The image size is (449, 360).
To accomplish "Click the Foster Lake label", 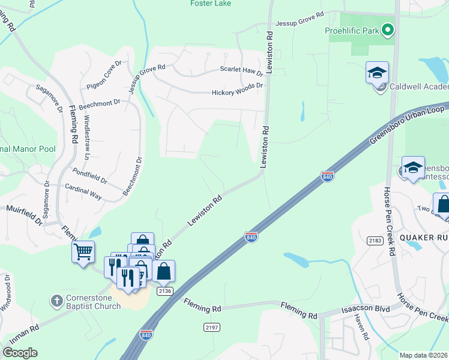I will [210, 4].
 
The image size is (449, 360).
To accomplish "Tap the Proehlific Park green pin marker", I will [388, 29].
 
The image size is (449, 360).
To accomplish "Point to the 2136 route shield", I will [165, 290].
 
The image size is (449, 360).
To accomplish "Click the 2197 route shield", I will [211, 327].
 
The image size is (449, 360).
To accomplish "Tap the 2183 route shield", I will [376, 240].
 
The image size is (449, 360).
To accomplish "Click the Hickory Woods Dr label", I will [237, 93].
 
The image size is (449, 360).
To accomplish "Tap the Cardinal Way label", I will [83, 194].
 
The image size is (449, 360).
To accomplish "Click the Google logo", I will [20, 353].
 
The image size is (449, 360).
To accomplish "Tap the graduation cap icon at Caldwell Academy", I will [377, 73].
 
